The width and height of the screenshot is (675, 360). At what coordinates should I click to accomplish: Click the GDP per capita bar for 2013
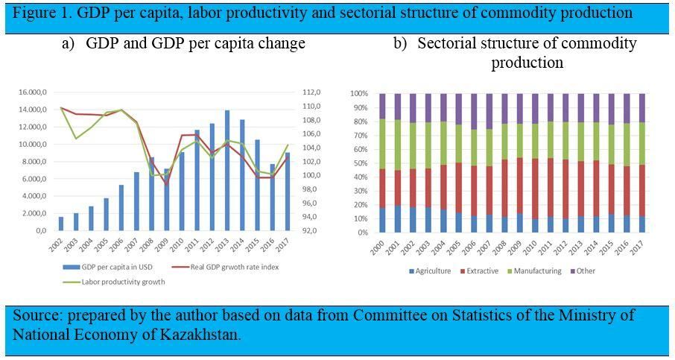click(227, 171)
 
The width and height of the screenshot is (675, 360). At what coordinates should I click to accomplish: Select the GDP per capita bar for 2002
click(61, 224)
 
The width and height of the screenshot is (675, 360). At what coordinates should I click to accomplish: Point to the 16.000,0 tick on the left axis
click(32, 92)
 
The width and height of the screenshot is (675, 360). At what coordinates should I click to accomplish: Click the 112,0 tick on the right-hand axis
click(312, 92)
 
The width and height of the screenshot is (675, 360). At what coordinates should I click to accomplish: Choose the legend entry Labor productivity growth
click(114, 282)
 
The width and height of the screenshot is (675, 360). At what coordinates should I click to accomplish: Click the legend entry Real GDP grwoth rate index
click(225, 267)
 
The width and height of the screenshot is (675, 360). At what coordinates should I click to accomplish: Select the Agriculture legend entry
click(430, 271)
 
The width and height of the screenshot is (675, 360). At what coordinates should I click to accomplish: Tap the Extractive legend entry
click(479, 271)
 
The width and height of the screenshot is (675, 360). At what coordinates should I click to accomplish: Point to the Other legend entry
click(583, 271)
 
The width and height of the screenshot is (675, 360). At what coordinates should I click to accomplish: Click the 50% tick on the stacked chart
click(361, 163)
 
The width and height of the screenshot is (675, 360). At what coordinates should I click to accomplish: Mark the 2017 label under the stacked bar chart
click(638, 247)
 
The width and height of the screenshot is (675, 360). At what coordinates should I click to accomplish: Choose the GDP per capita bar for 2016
click(273, 198)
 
